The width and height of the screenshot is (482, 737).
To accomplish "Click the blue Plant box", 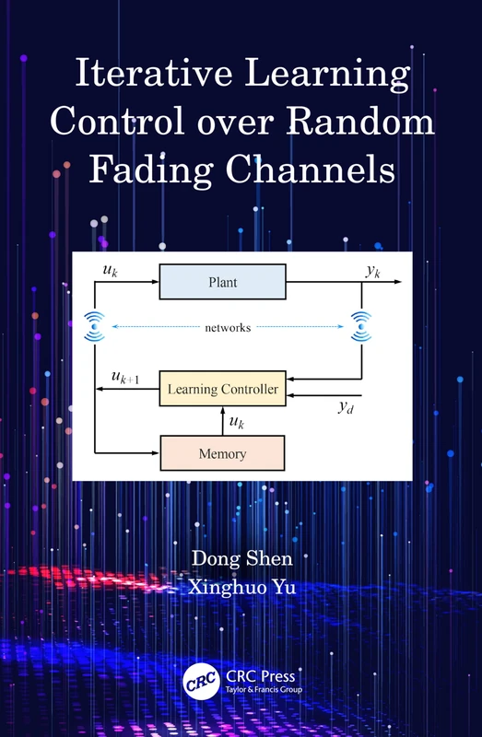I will tap(222, 282).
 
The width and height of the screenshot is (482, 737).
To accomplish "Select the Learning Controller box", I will tap(222, 390).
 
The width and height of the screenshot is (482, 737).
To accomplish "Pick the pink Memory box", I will tap(222, 453).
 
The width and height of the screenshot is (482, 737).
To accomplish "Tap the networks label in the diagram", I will tap(227, 326).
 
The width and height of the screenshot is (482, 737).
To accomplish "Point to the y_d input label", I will tap(346, 408).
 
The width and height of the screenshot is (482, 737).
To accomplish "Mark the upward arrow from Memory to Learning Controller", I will tap(222, 420).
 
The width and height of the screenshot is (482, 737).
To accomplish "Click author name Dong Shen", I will tap(241, 558).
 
